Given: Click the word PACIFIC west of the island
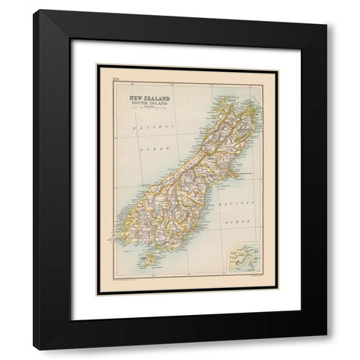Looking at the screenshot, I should point(143,128).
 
